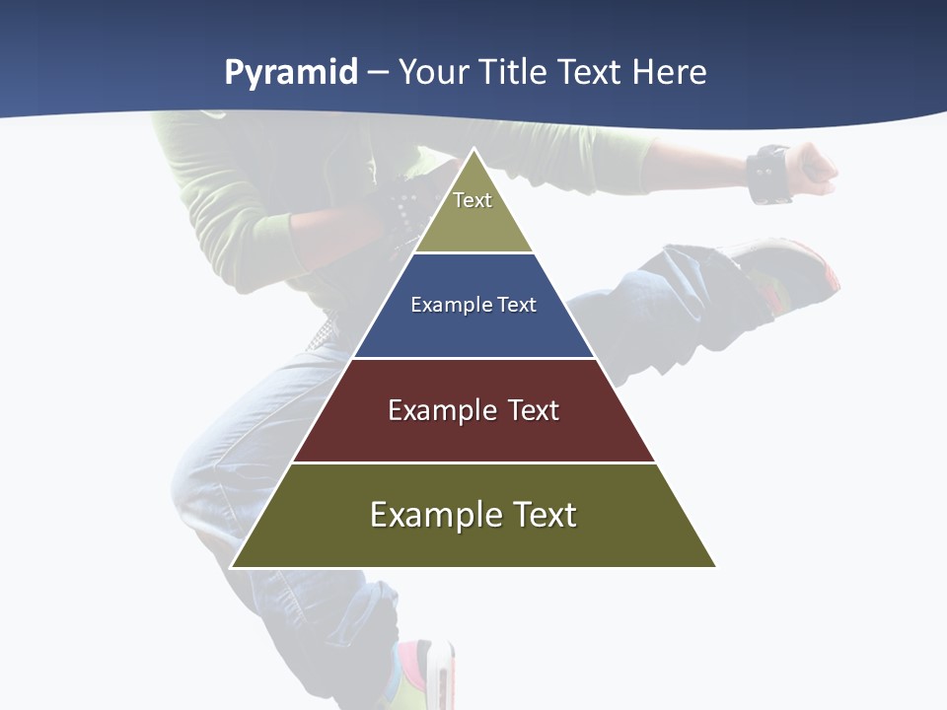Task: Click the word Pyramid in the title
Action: [x=291, y=73]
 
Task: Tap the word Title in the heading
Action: [x=517, y=73]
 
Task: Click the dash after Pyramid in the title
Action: [x=378, y=74]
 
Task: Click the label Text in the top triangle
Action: [x=473, y=200]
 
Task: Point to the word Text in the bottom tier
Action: [x=544, y=515]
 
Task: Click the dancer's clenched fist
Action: [x=814, y=168]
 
